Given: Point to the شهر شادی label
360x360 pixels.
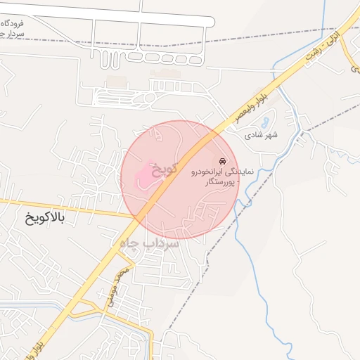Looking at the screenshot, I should tap(262, 134).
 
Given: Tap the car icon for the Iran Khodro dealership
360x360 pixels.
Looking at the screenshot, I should tap(224, 161).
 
